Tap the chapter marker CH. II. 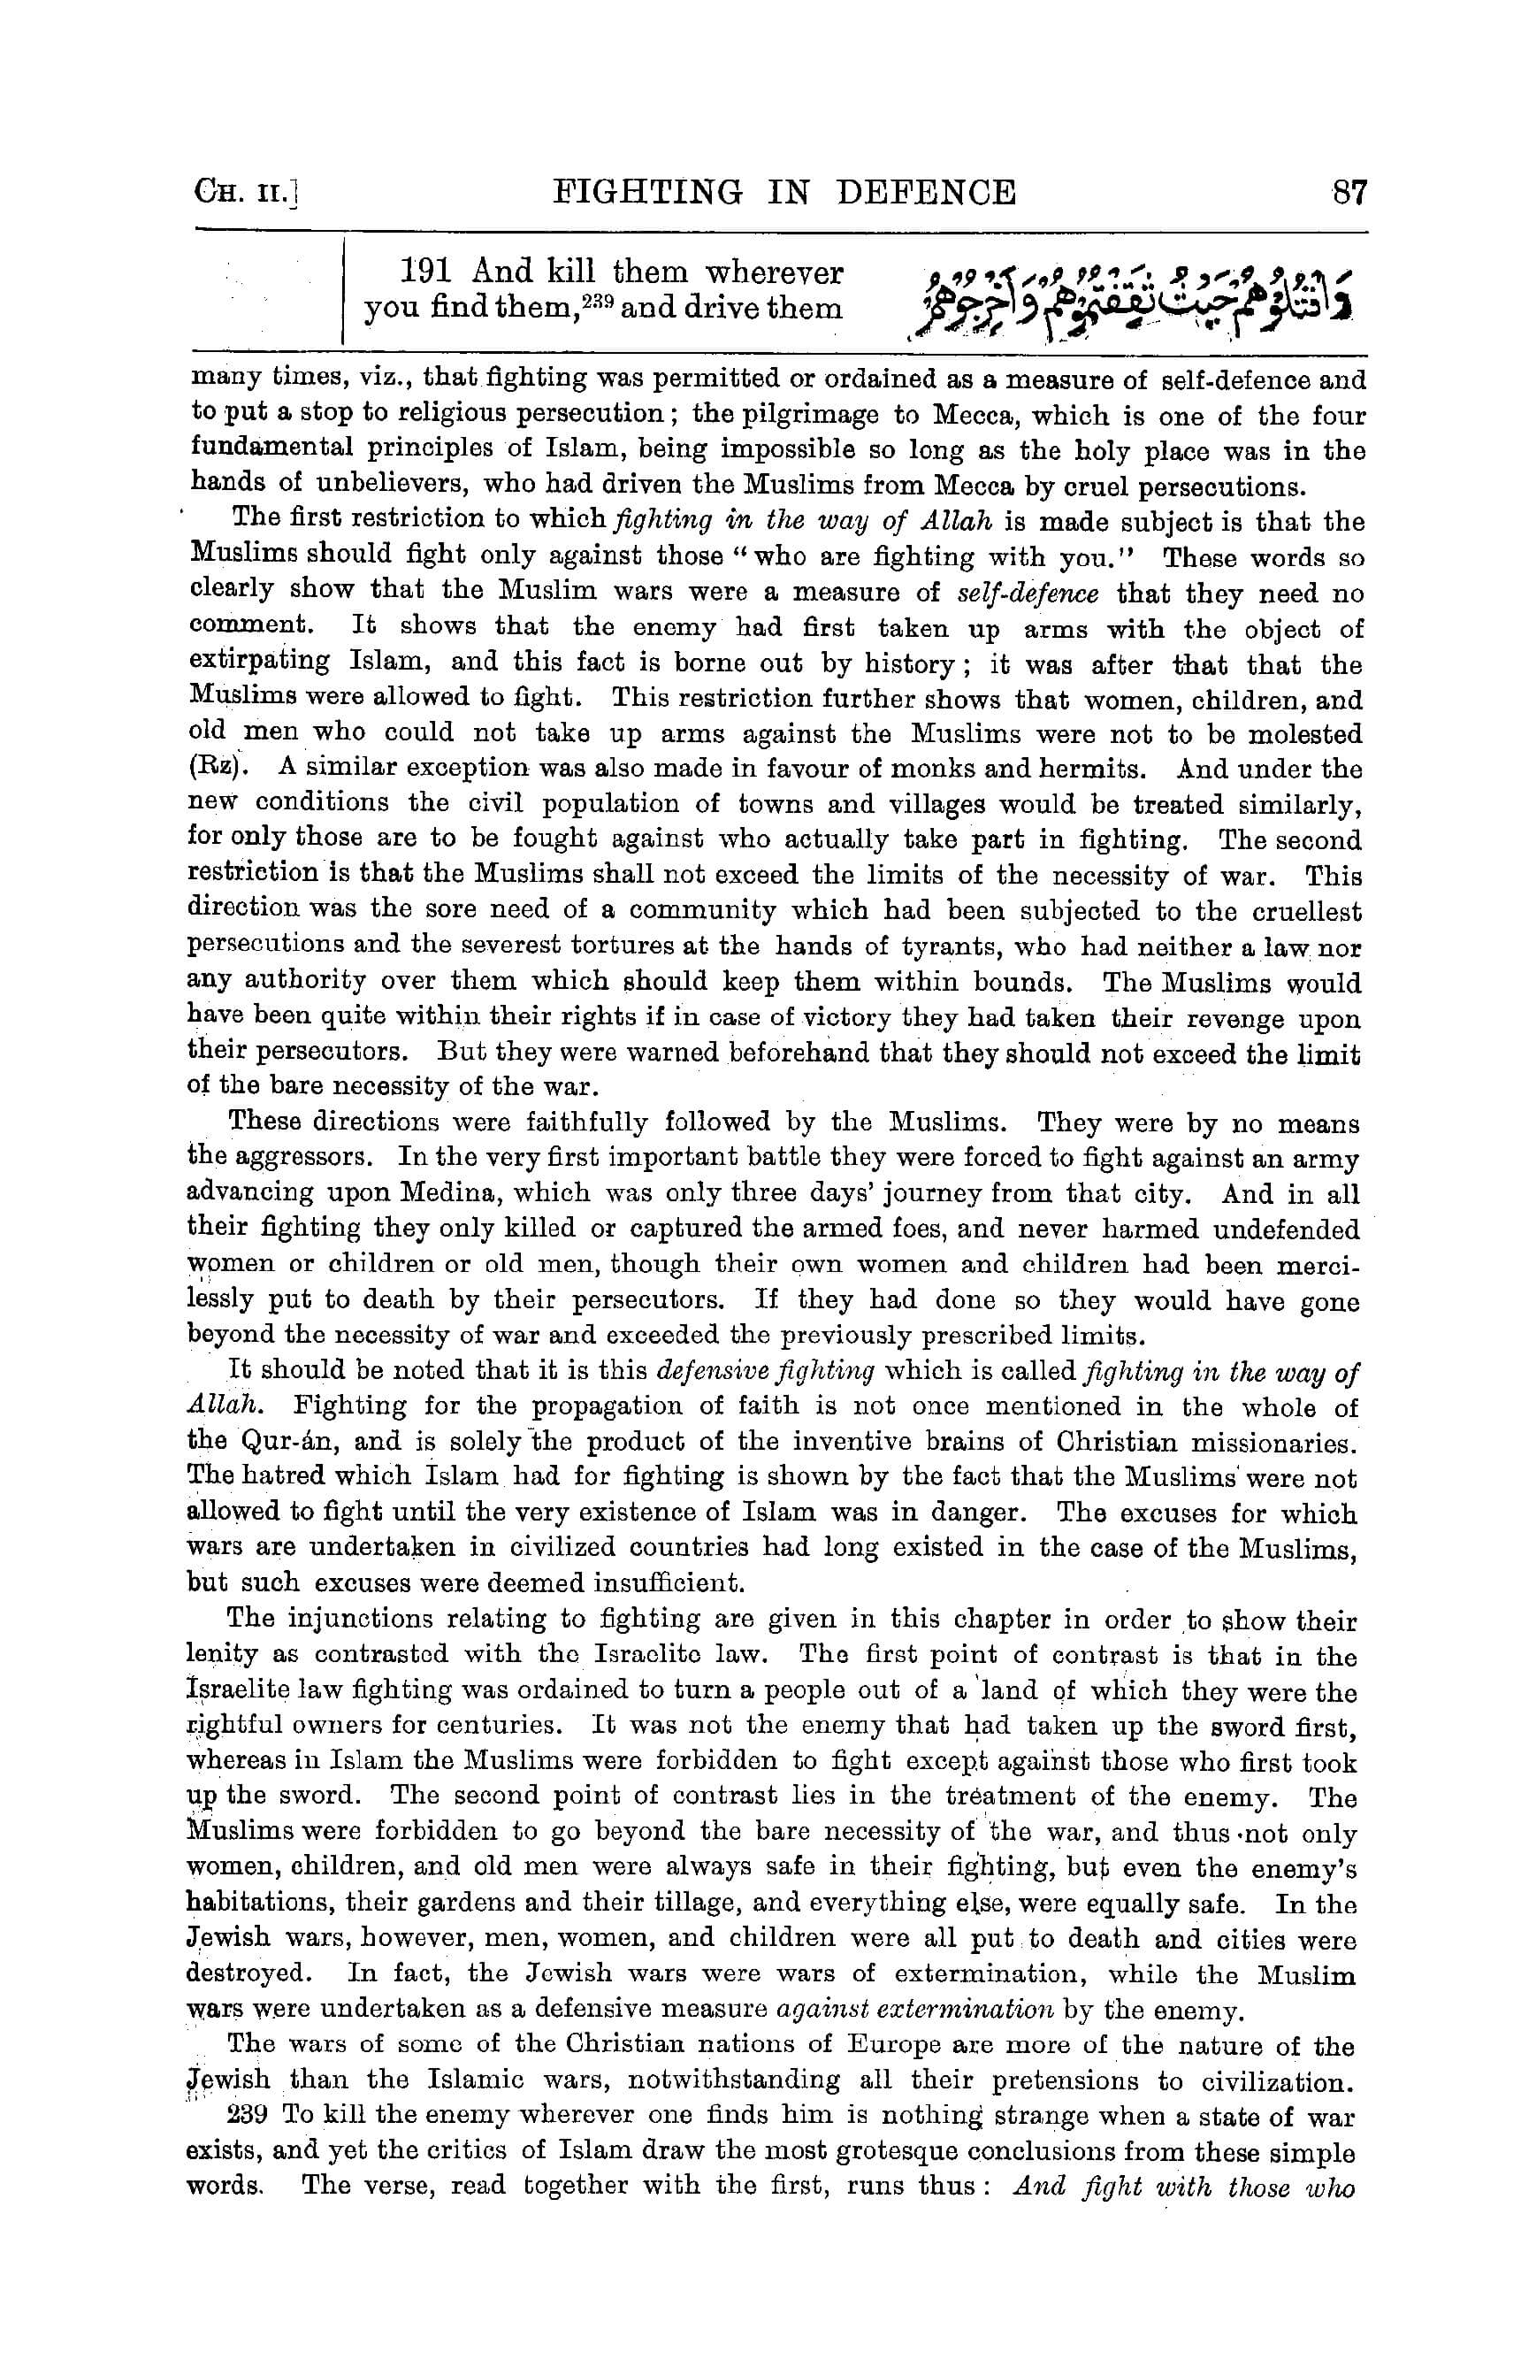tap(247, 191)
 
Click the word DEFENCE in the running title tap(926, 191)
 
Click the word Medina tap(453, 1193)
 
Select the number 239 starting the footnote tap(247, 2117)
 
